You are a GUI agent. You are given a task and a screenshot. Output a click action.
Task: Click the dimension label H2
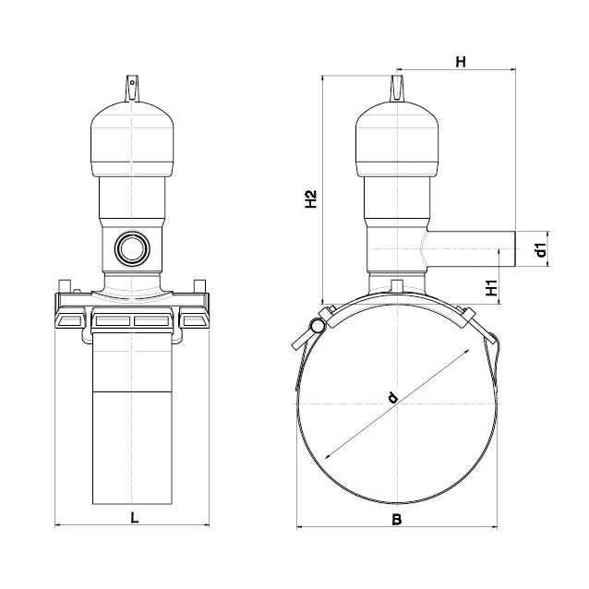(x=311, y=199)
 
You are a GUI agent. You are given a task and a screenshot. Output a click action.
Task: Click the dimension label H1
(x=491, y=288)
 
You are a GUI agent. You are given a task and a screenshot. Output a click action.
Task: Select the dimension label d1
(x=541, y=250)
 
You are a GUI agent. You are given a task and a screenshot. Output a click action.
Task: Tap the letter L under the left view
(x=135, y=518)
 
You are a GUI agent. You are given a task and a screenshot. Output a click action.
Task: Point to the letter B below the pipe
(x=397, y=520)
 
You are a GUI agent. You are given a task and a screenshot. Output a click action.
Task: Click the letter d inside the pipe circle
(x=392, y=397)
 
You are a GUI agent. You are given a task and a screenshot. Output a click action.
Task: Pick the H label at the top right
(x=461, y=62)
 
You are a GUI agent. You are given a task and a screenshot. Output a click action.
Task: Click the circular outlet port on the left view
(x=132, y=248)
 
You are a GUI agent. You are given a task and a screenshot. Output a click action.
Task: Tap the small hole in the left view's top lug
(x=132, y=82)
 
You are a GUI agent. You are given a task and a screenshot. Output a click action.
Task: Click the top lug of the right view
(x=397, y=88)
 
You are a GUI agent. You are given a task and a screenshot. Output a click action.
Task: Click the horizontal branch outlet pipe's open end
(x=515, y=249)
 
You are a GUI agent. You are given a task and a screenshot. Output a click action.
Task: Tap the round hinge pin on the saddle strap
(x=317, y=325)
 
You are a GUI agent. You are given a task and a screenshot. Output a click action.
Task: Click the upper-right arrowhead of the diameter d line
(x=468, y=351)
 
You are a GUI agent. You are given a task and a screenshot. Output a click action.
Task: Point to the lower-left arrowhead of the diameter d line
(x=327, y=456)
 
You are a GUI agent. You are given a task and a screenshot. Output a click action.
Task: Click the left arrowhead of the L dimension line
(x=57, y=525)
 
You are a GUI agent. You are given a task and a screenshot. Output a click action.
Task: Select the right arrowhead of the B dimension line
(x=494, y=527)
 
